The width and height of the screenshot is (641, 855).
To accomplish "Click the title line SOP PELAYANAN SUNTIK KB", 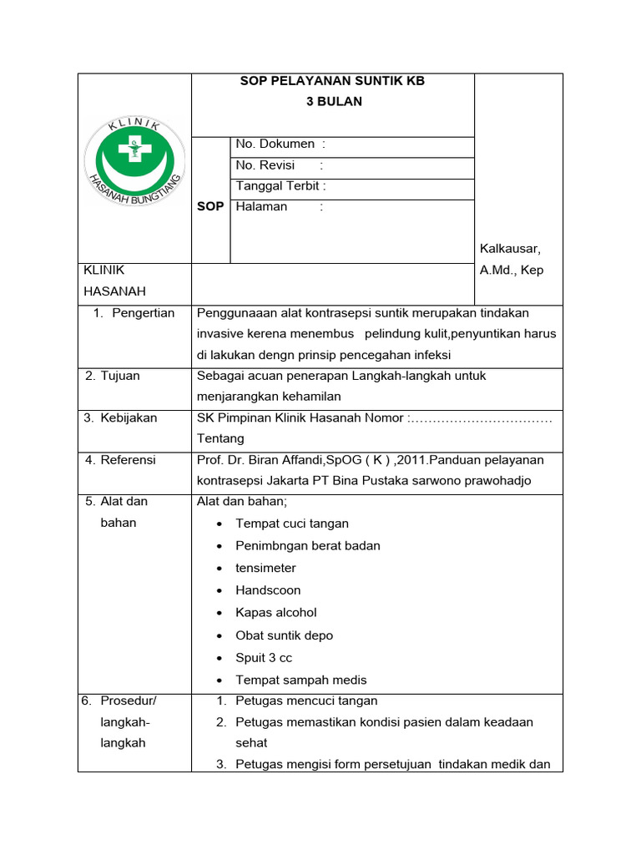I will click(x=332, y=81).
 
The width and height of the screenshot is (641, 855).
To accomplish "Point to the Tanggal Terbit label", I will click(x=280, y=186).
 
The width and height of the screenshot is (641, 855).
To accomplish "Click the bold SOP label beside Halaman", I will click(x=210, y=206).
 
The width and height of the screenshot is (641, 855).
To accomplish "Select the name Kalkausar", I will click(x=510, y=249).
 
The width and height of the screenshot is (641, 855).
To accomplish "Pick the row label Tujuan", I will click(x=120, y=376).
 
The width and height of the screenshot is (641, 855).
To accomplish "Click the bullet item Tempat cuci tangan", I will click(x=292, y=524).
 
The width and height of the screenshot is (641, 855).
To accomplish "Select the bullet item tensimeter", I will click(x=265, y=568).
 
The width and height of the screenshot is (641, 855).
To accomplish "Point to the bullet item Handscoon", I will click(x=268, y=590).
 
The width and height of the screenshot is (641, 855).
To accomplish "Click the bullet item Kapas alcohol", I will click(x=276, y=613).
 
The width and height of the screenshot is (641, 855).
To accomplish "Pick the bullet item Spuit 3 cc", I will click(x=264, y=658).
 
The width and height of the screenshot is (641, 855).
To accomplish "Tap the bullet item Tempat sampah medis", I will click(x=301, y=680).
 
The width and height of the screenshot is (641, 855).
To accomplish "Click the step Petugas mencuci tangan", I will click(x=306, y=701).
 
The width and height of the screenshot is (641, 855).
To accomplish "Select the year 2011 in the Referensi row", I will click(x=415, y=460).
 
